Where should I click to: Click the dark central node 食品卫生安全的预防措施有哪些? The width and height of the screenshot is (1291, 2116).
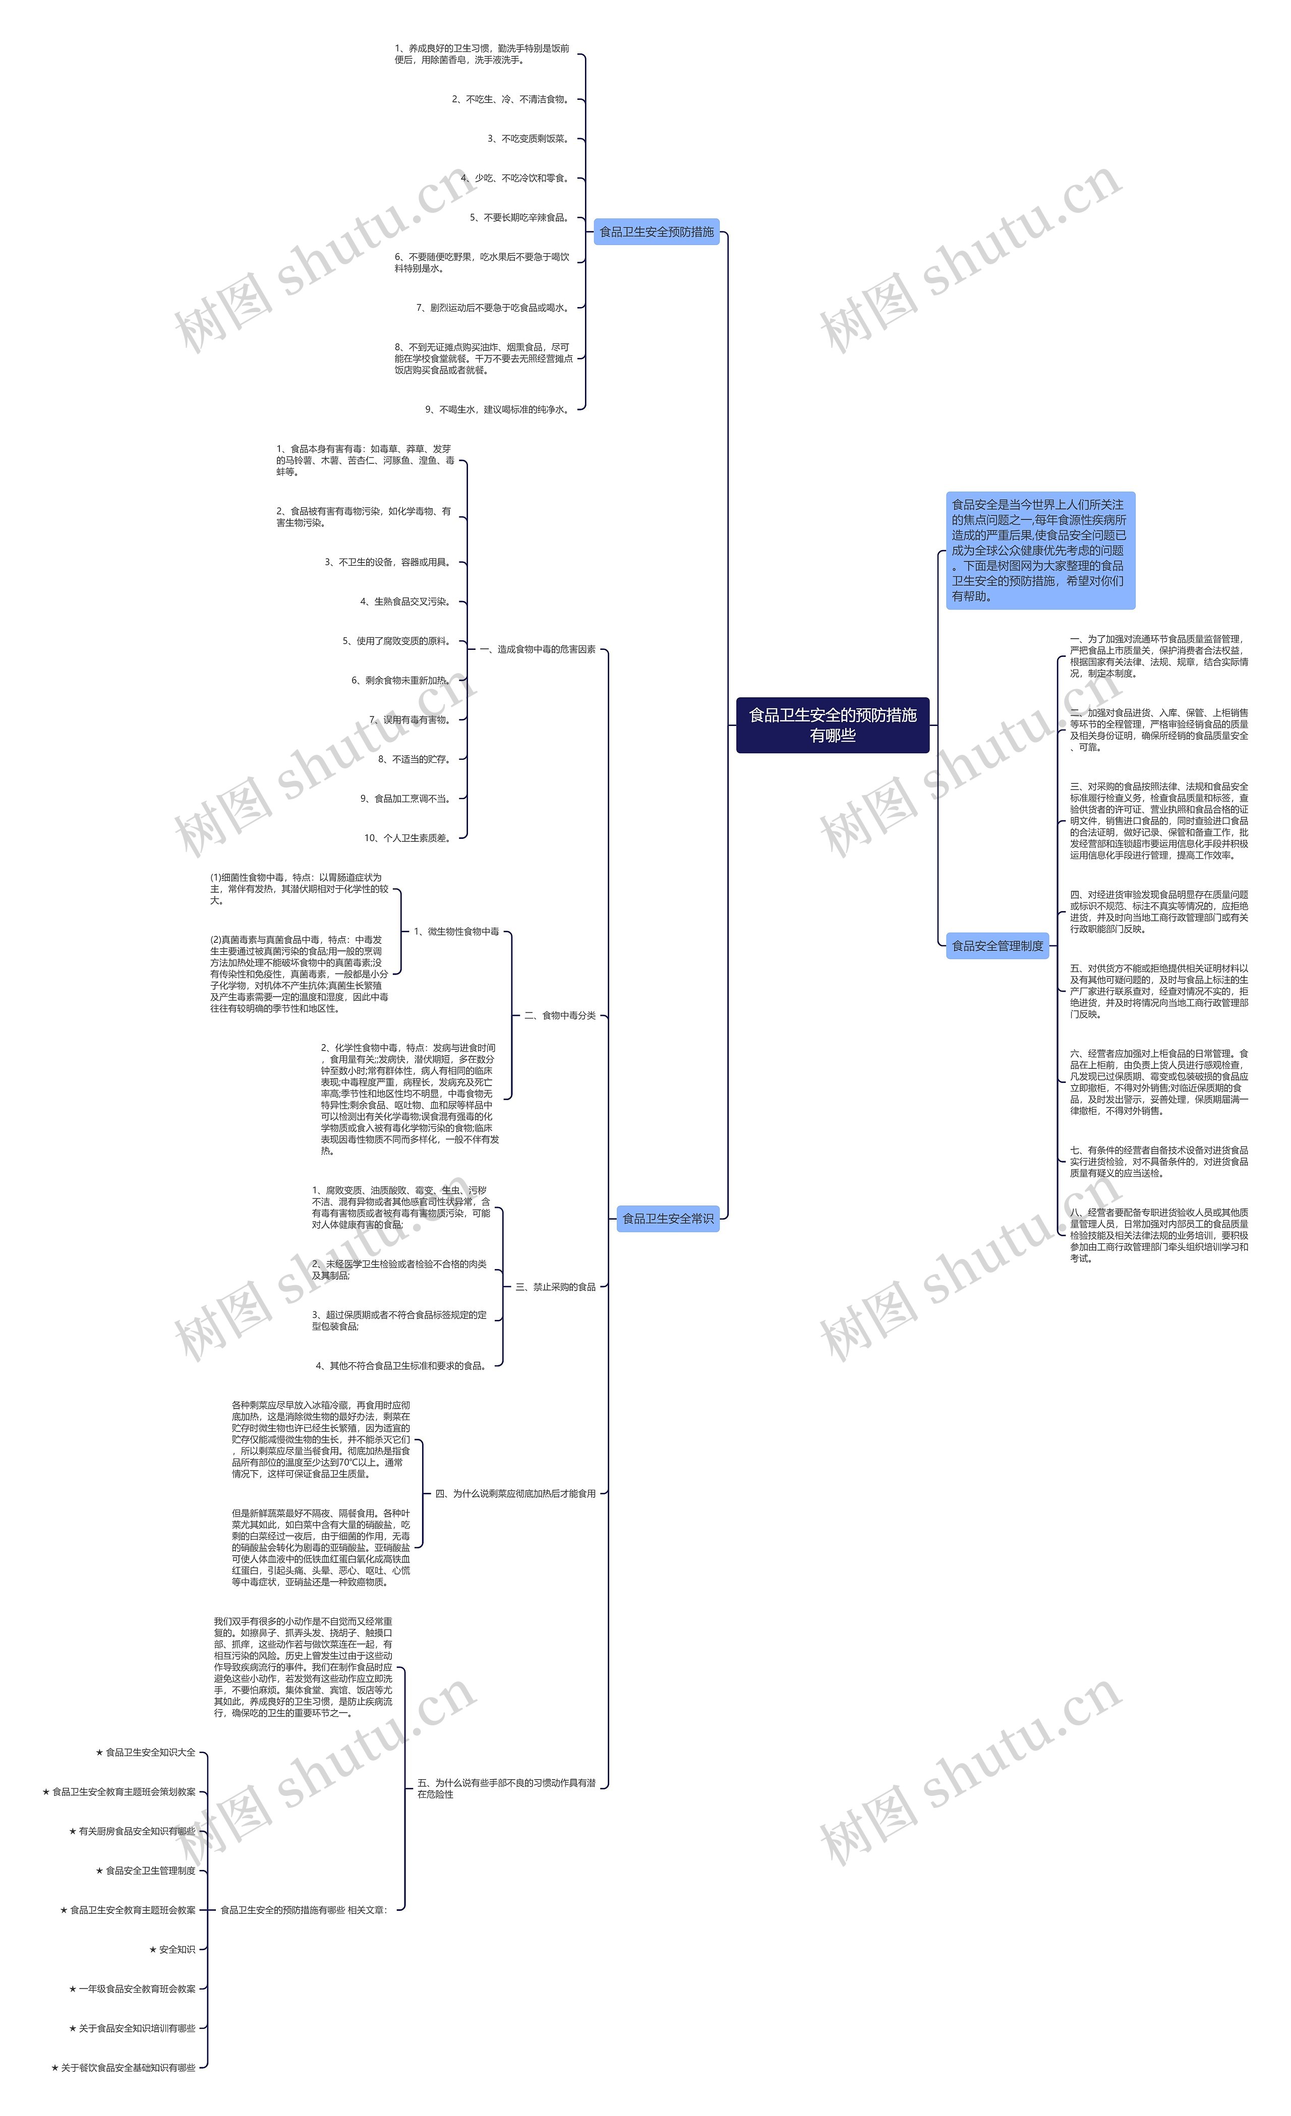pos(832,725)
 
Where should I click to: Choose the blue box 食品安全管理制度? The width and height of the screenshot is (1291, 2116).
pos(996,945)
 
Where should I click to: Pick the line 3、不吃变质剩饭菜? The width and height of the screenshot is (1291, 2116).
pos(529,139)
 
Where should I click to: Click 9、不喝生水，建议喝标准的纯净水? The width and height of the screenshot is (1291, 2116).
pos(497,409)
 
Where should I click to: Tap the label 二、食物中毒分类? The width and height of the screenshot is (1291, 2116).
pos(560,1015)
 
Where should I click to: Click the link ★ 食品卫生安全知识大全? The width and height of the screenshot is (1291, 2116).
pos(146,1752)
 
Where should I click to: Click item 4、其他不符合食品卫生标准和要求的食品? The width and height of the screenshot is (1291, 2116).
pos(401,1365)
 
